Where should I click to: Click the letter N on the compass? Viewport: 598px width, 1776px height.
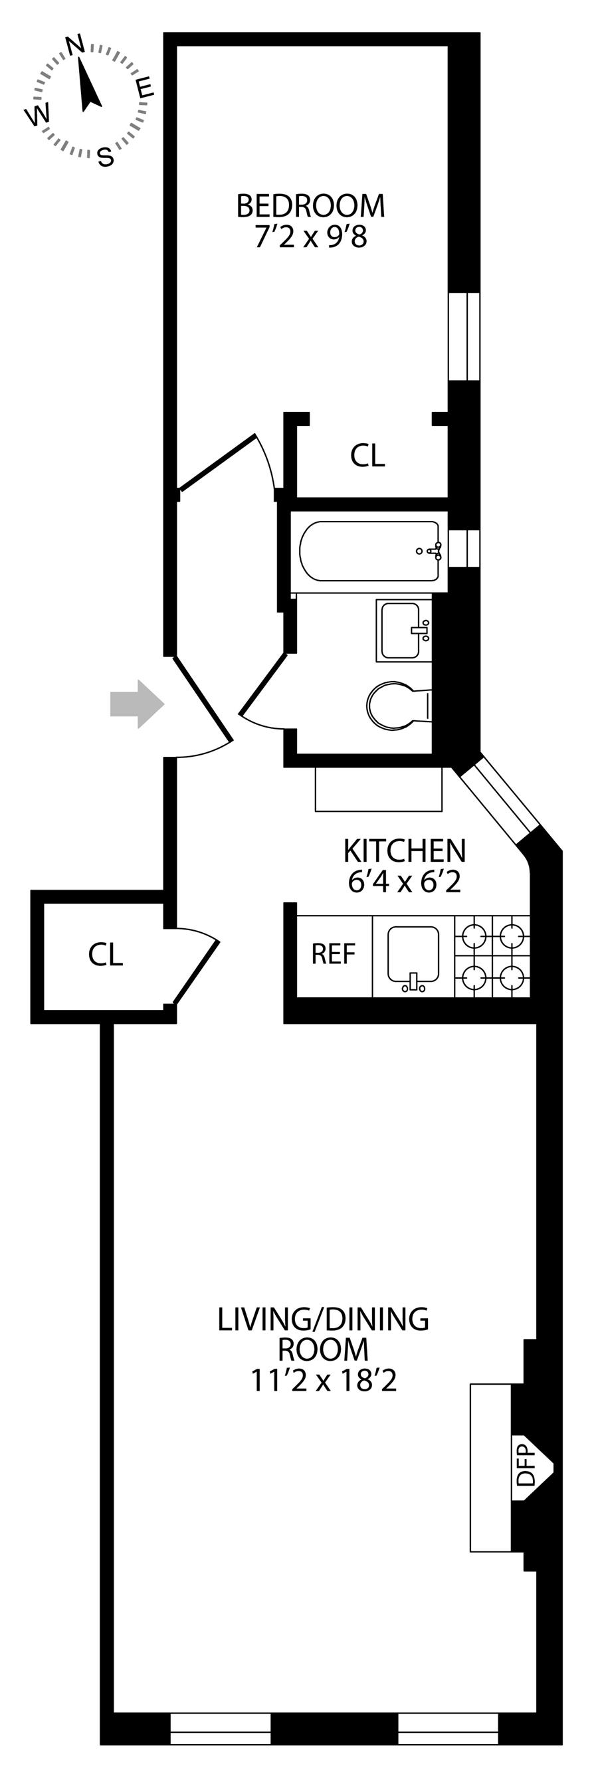coord(74,45)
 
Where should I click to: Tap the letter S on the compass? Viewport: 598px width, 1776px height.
coord(105,158)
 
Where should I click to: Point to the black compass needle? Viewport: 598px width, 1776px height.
coord(88,84)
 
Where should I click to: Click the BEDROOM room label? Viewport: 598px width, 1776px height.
coord(310,205)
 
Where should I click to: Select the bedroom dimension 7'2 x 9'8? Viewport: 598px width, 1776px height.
coord(310,238)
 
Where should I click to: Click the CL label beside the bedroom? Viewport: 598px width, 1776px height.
coord(367,455)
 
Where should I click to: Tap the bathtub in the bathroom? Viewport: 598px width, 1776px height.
coord(369,551)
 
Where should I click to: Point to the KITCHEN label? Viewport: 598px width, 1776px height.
coord(405,850)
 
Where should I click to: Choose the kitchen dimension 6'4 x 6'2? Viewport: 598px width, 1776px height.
coord(405,882)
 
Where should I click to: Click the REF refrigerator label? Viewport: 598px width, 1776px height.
coord(333,954)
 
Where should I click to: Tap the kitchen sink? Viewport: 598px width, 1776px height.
coord(413,957)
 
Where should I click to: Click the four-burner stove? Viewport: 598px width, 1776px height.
coord(492,956)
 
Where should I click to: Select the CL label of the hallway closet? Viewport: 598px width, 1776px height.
coord(106,954)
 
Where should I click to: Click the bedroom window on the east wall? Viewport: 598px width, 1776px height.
coord(464,336)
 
